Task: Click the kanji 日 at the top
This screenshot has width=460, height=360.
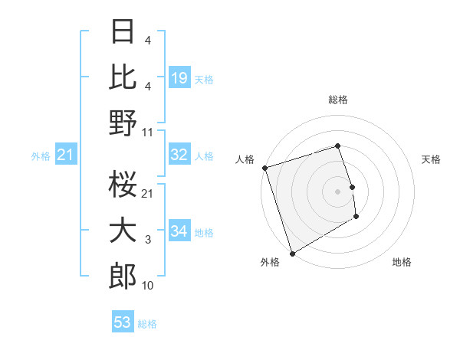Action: (x=123, y=34)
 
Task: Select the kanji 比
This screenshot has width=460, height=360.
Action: (x=123, y=77)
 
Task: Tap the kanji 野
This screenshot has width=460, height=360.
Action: (x=123, y=122)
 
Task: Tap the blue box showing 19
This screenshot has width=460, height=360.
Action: (x=179, y=77)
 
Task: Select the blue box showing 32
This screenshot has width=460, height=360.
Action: (x=179, y=155)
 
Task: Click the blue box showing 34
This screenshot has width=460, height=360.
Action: (x=179, y=231)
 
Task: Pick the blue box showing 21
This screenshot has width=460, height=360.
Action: (x=65, y=155)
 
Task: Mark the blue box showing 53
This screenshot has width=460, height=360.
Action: (x=122, y=322)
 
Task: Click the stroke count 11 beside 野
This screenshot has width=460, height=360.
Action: (x=148, y=132)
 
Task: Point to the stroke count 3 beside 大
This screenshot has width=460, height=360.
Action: (x=148, y=241)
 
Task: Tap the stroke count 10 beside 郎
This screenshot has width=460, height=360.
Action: (x=148, y=286)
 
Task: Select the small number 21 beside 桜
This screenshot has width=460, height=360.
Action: (x=148, y=193)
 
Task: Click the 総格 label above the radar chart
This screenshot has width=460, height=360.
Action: (x=337, y=100)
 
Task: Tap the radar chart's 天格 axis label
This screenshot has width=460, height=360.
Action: (x=431, y=159)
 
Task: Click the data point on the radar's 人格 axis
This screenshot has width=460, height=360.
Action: (x=264, y=168)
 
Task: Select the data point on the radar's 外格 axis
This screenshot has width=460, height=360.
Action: (x=292, y=254)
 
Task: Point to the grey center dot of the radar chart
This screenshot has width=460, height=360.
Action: (x=337, y=191)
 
